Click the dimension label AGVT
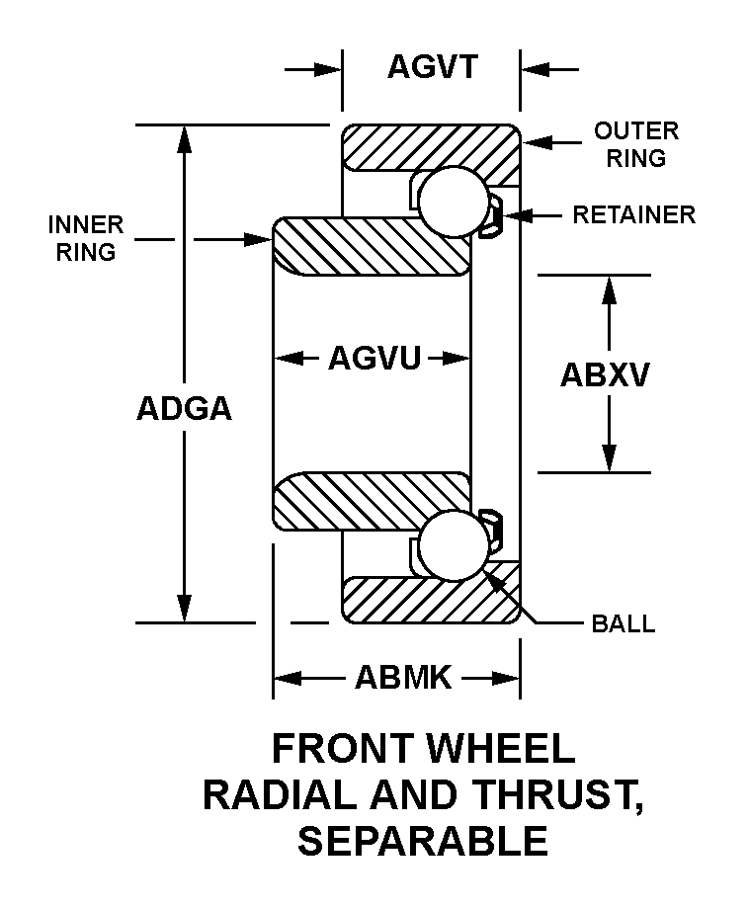click(432, 67)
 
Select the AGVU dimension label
click(374, 357)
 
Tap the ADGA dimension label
click(184, 408)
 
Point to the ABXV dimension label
click(605, 374)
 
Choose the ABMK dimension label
click(403, 678)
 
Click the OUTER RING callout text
click(635, 144)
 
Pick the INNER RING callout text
click(86, 238)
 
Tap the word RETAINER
click(634, 214)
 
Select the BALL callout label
click(623, 624)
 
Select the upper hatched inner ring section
click(371, 245)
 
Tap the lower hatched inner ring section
click(371, 501)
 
